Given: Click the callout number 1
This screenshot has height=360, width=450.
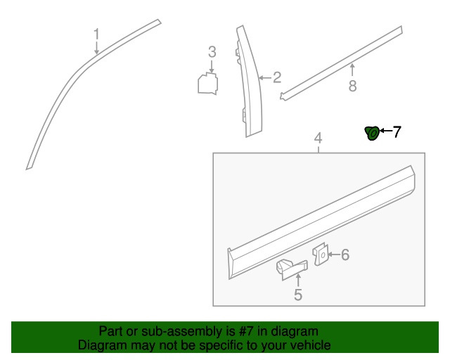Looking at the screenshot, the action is point(97,34).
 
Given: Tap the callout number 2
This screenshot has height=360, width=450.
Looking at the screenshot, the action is point(277,77).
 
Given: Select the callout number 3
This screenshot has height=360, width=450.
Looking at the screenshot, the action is point(212,52).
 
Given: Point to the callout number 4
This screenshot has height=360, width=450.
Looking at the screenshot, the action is point(319,139).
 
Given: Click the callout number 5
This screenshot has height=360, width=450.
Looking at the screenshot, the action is point(298,295).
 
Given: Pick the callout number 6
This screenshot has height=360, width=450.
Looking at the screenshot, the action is point(345,255).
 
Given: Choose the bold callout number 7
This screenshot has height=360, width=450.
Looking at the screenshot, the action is point(397,132).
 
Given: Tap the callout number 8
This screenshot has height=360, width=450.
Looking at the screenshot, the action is point(353,86).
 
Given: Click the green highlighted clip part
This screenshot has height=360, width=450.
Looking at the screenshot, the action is point(372,134).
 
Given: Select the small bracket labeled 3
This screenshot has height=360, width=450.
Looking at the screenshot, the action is point(208,84).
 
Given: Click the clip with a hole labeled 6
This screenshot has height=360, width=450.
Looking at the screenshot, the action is point(321,255).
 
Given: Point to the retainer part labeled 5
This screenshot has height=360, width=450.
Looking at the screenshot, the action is point(292,269).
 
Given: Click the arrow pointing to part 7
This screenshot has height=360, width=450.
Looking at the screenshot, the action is point(386,131).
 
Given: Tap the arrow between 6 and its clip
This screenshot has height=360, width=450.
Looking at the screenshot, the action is point(334,255).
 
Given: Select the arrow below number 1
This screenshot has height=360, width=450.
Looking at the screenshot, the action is point(97,47).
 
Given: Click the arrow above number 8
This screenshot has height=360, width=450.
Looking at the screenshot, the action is point(352,70).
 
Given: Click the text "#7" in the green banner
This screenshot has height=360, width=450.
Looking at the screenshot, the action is point(245,331).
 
